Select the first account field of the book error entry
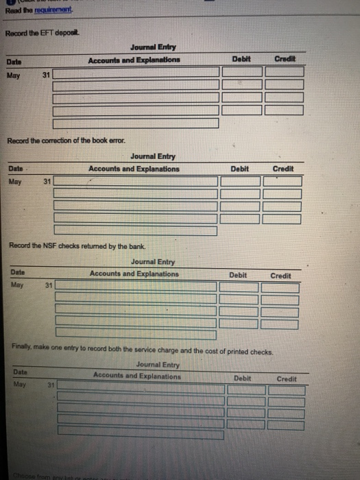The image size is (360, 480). point(136,182)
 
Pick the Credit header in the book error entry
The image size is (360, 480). point(283,169)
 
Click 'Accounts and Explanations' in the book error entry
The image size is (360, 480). point(134,169)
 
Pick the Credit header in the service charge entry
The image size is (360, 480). point(287,379)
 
